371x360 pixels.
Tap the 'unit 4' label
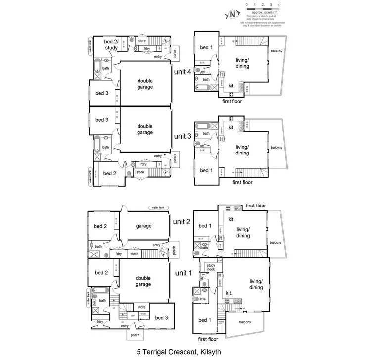pos(183,71)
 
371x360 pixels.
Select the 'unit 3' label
pos(183,136)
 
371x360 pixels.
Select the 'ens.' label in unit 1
pos(203,299)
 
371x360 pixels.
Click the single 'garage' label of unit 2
pos(143,225)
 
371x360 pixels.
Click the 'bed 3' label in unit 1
pos(161,318)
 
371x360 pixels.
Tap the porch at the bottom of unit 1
pos(135,335)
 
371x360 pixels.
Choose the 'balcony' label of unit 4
pos(277,51)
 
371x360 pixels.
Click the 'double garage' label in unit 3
pos(145,130)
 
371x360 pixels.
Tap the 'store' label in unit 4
pos(141,41)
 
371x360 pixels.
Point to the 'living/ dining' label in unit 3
pos(242,150)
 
